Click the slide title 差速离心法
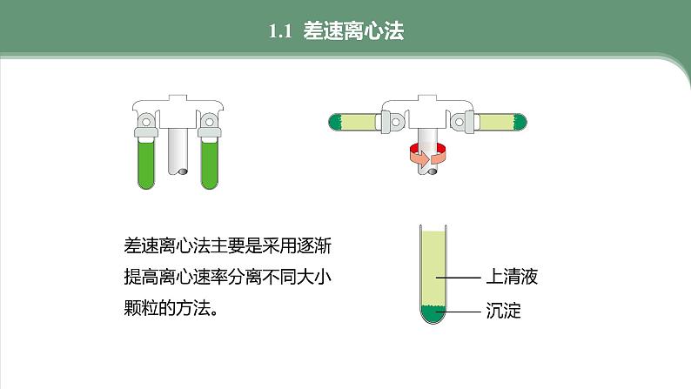point(353,30)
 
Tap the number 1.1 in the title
point(280,31)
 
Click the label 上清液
point(512,277)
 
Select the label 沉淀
point(503,311)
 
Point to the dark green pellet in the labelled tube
point(433,313)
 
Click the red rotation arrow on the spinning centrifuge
point(427,155)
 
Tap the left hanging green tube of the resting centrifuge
point(146,163)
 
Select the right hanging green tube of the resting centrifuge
point(210,163)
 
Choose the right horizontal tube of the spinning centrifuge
point(500,122)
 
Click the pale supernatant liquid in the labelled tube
point(433,268)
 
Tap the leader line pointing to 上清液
point(458,278)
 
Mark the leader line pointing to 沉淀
point(458,312)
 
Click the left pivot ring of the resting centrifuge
point(146,120)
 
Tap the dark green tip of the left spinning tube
point(336,122)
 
